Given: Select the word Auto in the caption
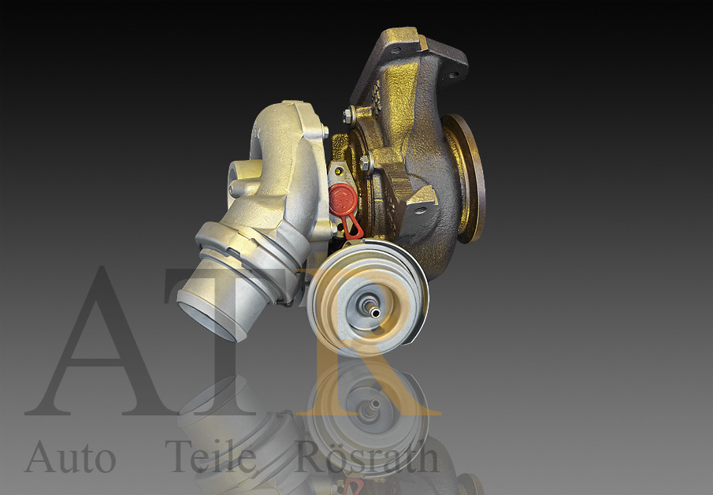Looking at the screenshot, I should click(70, 457).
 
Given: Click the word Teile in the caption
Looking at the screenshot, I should click(210, 457).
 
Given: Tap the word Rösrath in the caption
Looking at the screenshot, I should click(367, 457).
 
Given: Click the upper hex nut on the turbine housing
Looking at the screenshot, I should click(347, 116).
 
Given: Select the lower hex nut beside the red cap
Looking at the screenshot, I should click(366, 162).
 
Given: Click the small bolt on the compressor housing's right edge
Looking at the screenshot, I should click(325, 132).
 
